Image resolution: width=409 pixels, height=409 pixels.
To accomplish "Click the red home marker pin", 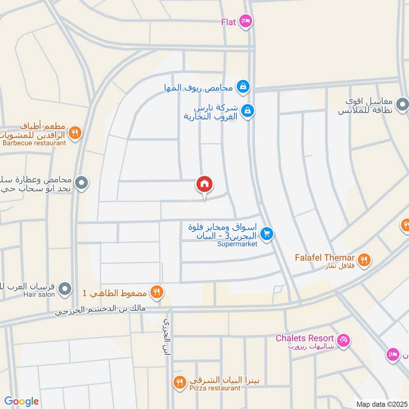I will (204, 185).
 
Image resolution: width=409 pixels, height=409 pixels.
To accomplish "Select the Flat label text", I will (228, 21).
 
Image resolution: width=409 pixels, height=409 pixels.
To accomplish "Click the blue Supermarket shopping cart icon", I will (266, 234).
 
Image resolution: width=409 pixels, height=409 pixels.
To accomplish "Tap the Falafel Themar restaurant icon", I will (364, 259).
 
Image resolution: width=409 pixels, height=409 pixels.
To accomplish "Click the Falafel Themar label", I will (325, 257).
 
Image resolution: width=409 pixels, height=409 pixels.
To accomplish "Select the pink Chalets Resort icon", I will (344, 338).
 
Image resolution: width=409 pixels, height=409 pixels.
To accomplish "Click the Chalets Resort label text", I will (305, 338).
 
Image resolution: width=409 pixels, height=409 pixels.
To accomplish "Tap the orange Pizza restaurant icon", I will (179, 381).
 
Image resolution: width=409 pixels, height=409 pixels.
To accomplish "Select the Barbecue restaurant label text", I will (34, 143).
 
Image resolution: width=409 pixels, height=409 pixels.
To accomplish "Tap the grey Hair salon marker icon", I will (64, 290).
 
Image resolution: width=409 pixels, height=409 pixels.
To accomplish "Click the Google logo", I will (21, 401).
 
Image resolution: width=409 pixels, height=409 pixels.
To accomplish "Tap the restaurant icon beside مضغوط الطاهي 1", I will (156, 292).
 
